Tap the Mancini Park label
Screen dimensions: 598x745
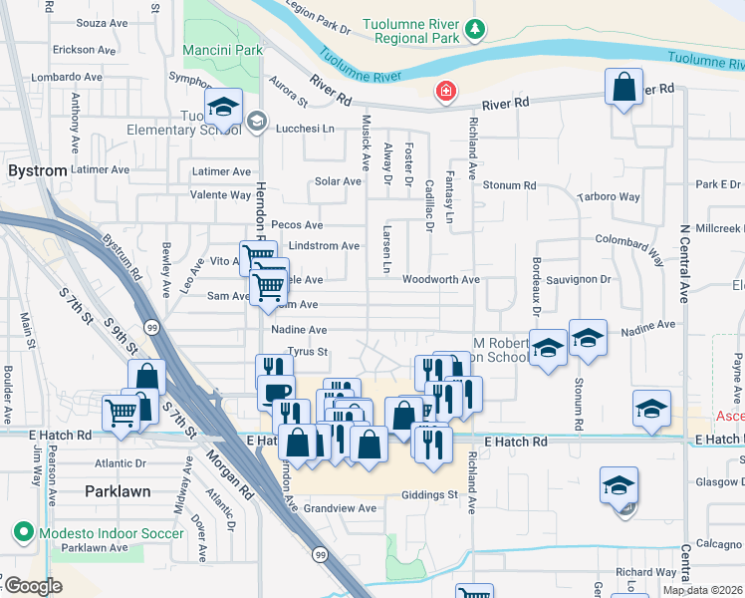223,49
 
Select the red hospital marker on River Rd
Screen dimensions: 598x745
446,93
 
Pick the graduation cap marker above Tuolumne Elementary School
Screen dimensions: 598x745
223,107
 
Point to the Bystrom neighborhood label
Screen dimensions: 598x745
38,170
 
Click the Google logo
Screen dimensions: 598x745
33,587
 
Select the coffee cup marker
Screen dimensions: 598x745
275,390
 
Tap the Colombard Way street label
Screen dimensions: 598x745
629,240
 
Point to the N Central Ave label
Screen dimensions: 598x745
685,264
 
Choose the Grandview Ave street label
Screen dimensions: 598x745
341,508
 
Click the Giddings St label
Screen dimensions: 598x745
429,494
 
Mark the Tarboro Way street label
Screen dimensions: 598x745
609,196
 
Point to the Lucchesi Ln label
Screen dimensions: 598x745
305,129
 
